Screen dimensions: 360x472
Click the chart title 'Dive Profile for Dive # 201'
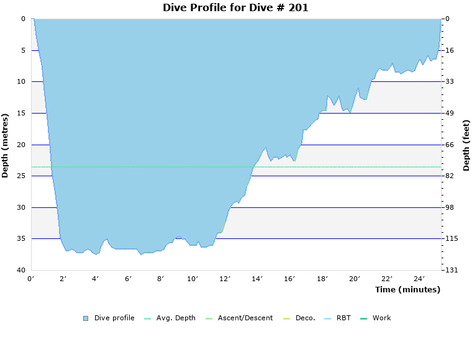point(235,8)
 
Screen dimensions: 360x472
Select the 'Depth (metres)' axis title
point(6,145)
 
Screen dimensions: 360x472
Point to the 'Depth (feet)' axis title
point(466,145)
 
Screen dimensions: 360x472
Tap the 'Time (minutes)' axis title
point(407,290)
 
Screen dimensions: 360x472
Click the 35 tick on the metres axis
point(21,239)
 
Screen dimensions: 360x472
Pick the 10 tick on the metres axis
point(21,81)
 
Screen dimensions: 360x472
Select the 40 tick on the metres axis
point(21,270)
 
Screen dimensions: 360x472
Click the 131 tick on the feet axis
point(451,270)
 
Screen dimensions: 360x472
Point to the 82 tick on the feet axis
point(449,176)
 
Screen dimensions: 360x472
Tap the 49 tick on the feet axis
point(449,113)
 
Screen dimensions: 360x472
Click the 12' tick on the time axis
point(225,279)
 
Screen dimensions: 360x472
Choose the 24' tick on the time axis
point(419,279)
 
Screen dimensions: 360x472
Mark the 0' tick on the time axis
point(31,279)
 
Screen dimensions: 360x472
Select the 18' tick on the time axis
point(322,279)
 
